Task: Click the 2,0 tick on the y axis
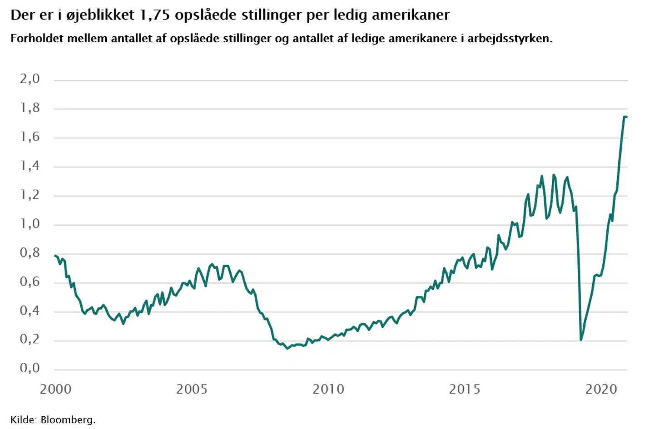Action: point(30,79)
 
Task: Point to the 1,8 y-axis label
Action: point(30,108)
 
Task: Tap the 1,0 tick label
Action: point(30,224)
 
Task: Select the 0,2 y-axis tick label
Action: point(30,340)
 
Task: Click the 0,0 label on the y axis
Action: point(30,368)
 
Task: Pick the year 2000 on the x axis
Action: point(55,390)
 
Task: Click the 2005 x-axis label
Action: point(192,390)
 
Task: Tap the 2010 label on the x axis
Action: point(328,390)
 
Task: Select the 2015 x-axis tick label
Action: point(465,390)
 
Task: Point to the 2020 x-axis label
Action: point(601,390)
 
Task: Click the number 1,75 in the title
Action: point(155,15)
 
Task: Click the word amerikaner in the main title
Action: point(411,15)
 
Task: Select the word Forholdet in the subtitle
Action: point(37,39)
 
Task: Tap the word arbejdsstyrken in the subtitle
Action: point(509,39)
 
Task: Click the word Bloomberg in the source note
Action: point(68,420)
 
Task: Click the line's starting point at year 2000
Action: point(54,256)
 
